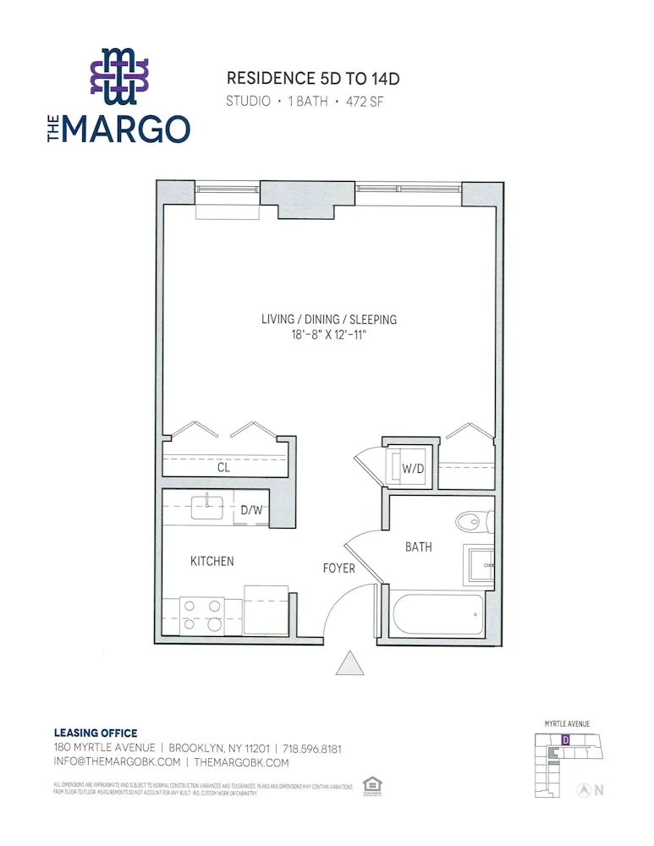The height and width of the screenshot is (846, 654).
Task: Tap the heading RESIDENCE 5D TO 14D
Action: tap(312, 79)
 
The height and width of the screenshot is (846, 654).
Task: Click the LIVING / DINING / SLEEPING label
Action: tap(329, 319)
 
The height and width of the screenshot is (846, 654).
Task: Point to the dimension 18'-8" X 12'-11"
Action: tap(329, 334)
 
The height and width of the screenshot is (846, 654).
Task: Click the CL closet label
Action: tap(223, 467)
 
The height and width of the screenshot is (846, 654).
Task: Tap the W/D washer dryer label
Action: tap(412, 468)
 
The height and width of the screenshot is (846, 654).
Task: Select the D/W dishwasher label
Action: tap(251, 510)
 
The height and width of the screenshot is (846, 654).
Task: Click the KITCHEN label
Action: tap(212, 561)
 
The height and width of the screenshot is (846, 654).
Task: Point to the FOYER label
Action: tap(338, 569)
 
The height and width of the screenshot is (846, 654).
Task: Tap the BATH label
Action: tap(418, 547)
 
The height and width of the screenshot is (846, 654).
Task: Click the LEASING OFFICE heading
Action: tap(95, 733)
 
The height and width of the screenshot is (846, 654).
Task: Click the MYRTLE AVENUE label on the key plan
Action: tap(566, 724)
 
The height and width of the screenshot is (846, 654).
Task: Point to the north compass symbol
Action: tap(583, 791)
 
